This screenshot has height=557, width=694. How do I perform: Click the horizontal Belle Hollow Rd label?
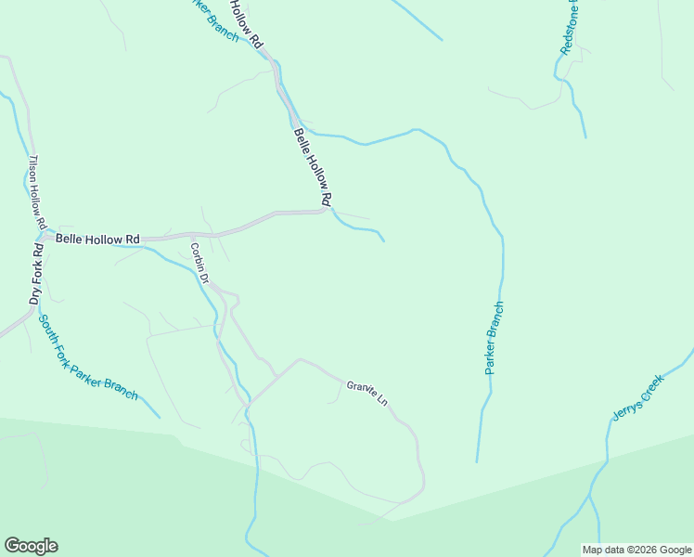tap(97, 240)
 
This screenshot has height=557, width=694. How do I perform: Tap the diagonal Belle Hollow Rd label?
tap(313, 167)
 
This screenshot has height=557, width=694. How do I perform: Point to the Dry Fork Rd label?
tap(36, 274)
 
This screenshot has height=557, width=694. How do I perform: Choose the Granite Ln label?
tap(366, 394)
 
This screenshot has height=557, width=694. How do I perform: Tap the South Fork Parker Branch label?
tap(87, 357)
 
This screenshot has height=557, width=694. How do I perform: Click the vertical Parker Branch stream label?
tap(495, 338)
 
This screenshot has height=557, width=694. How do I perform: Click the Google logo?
tap(31, 546)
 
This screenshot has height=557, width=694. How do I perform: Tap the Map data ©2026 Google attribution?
tap(636, 550)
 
